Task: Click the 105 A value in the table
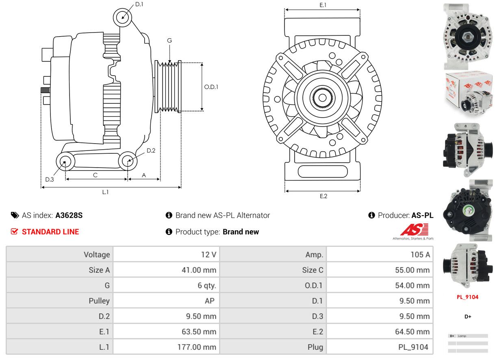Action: [x=420, y=255]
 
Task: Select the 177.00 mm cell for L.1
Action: [x=197, y=347]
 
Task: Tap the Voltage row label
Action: [x=97, y=255]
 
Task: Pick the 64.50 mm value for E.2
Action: [x=412, y=332]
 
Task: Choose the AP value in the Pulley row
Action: [x=209, y=301]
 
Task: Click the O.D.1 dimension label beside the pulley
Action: [x=211, y=87]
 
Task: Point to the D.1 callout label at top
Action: [x=139, y=4]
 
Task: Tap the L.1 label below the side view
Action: [x=105, y=192]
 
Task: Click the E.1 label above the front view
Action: [x=323, y=5]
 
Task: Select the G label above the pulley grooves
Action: [x=169, y=40]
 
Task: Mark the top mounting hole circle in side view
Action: [x=122, y=17]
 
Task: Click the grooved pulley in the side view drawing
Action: [x=168, y=87]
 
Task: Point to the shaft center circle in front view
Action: [x=322, y=98]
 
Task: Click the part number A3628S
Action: [x=69, y=216]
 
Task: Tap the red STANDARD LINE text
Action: [x=50, y=232]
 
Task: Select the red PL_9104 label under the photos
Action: [x=467, y=297]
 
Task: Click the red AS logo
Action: [x=414, y=230]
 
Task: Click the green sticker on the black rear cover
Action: [x=468, y=210]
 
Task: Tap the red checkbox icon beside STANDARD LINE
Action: [x=14, y=231]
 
